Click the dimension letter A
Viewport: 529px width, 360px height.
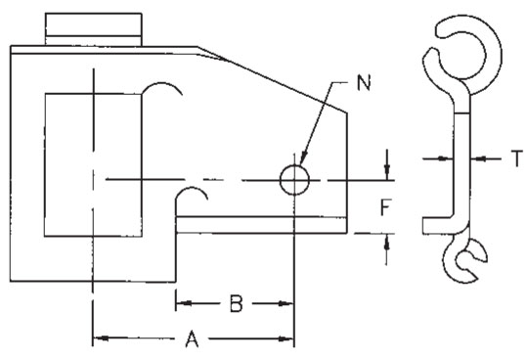192,339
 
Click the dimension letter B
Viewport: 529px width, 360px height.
237,303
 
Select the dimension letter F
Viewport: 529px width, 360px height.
385,207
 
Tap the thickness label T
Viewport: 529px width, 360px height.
517,158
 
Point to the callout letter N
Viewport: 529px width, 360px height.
364,82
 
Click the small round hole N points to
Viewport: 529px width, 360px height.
294,180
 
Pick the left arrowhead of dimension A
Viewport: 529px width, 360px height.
101,337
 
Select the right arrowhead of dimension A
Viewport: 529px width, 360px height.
286,338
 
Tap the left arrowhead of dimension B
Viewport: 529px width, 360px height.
184,303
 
